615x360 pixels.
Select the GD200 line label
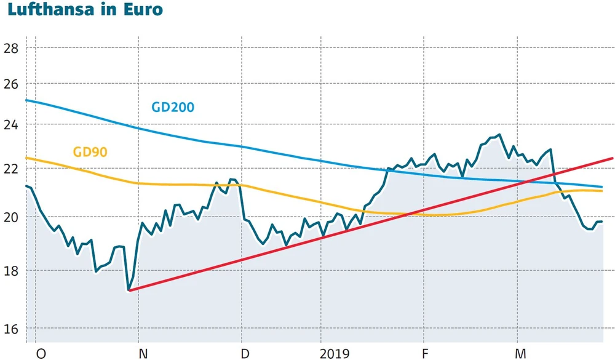173,107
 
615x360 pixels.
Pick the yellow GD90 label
90,151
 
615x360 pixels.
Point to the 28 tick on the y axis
11,48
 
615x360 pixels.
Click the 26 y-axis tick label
11,84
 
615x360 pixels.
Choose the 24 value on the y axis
11,125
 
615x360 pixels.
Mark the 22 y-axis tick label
11,169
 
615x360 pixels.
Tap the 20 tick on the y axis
11,217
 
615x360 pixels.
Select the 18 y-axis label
11,271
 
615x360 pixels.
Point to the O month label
41,353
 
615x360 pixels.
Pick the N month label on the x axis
143,353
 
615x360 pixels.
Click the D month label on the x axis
245,353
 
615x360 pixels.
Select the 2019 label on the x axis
335,353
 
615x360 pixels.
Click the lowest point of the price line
129,290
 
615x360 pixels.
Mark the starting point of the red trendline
129,290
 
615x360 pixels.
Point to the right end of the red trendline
613,158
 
